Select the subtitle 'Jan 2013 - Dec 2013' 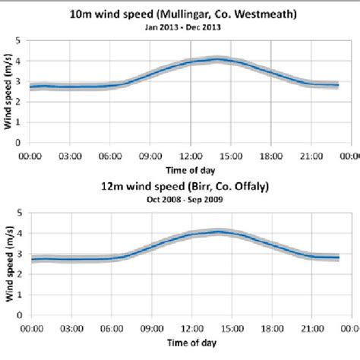click(183, 29)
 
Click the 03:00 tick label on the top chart click(69, 156)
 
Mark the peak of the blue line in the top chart click(217, 59)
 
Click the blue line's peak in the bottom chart click(217, 232)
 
